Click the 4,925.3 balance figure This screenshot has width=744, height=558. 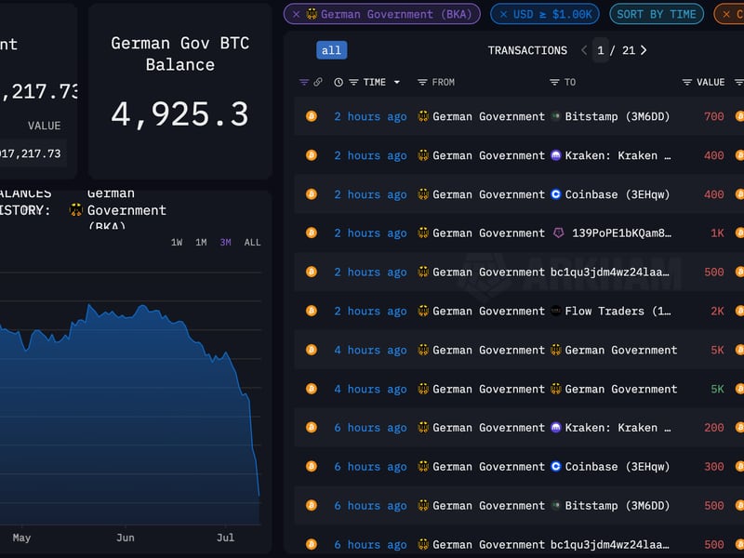click(179, 114)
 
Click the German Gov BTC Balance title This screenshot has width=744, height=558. click(180, 54)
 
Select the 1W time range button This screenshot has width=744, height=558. click(177, 243)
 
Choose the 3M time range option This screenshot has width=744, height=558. click(225, 243)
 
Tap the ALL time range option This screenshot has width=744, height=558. click(252, 243)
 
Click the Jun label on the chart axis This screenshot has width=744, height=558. click(126, 538)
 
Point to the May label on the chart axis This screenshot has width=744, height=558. click(21, 538)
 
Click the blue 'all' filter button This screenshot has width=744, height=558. click(331, 50)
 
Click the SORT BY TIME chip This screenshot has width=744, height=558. click(656, 14)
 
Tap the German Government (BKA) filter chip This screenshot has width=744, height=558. click(382, 14)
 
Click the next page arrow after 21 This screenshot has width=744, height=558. click(644, 50)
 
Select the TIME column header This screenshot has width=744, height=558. click(375, 82)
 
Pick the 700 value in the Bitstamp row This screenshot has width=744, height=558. click(713, 116)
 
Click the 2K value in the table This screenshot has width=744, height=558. click(717, 311)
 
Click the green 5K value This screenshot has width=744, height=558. click(717, 389)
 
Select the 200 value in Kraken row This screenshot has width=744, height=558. click(713, 428)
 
